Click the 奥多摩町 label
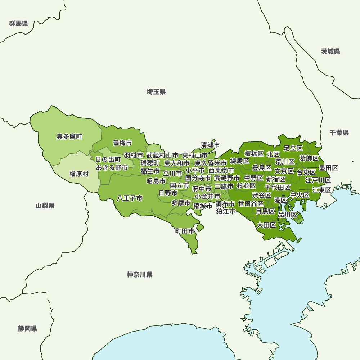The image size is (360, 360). [x=69, y=137]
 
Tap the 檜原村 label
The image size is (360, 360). [x=79, y=174]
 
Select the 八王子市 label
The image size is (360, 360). [x=130, y=198]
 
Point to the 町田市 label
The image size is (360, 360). [x=185, y=231]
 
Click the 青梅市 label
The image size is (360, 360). [x=122, y=143]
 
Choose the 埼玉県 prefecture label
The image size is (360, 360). [x=156, y=92]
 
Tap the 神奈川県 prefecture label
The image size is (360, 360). [x=140, y=275]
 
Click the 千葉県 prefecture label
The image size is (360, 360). [x=339, y=133]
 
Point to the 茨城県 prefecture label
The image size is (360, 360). [x=330, y=51]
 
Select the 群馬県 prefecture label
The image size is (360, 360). [x=19, y=24]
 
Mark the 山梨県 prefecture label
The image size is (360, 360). [x=45, y=206]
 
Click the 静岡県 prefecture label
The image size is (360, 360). [x=28, y=329]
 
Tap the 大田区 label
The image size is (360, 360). [x=266, y=225]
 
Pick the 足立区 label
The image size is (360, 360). [x=293, y=148]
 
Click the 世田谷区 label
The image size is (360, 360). [x=251, y=204]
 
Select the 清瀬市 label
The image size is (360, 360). [x=210, y=145]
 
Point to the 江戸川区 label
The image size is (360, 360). [x=318, y=180]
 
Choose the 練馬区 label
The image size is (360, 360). [x=240, y=161]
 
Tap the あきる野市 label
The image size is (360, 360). [x=112, y=167]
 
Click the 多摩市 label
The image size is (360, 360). [x=181, y=203]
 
